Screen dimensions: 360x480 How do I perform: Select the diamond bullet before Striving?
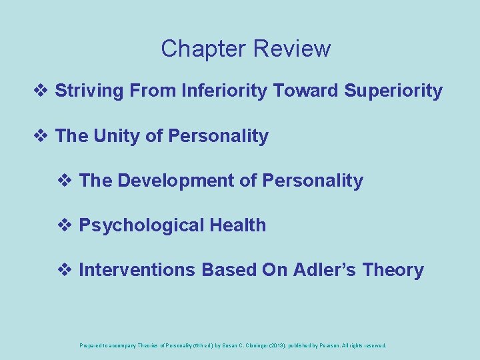[x=44, y=91]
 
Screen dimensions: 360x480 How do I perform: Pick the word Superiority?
[x=393, y=91]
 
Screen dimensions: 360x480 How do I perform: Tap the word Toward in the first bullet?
[x=307, y=91]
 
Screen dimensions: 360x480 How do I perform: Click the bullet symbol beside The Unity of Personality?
[x=44, y=136]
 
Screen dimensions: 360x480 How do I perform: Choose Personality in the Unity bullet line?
[x=219, y=136]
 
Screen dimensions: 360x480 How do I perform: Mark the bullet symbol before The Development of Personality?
[x=67, y=181]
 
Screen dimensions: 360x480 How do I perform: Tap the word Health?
[x=238, y=225]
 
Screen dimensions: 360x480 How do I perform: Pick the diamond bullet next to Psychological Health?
[x=67, y=225]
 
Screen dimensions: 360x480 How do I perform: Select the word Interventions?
[x=137, y=270]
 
